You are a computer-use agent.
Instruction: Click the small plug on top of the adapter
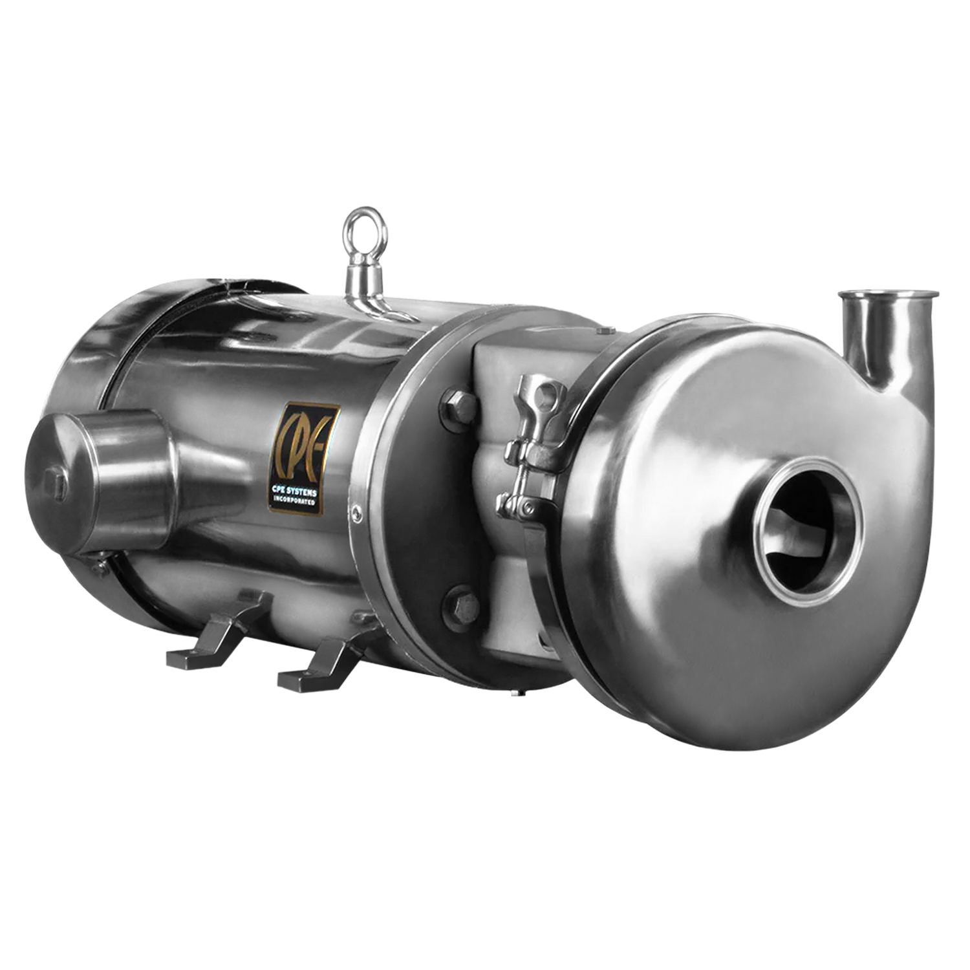(602, 331)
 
